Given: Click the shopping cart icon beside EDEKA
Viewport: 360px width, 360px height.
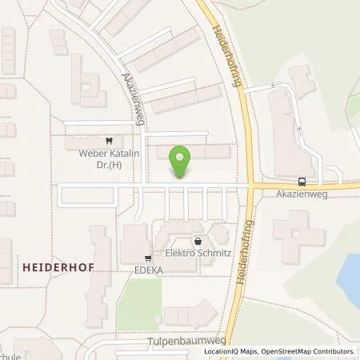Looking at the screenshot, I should click(x=148, y=258).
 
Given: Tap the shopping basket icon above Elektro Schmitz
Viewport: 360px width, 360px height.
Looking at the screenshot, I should click(x=198, y=241).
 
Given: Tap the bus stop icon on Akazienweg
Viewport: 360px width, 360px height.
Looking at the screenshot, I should click(x=302, y=181).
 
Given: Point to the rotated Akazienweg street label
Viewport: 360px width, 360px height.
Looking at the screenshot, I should click(x=131, y=93).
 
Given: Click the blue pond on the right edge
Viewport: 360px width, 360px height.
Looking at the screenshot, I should click(x=349, y=276).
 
